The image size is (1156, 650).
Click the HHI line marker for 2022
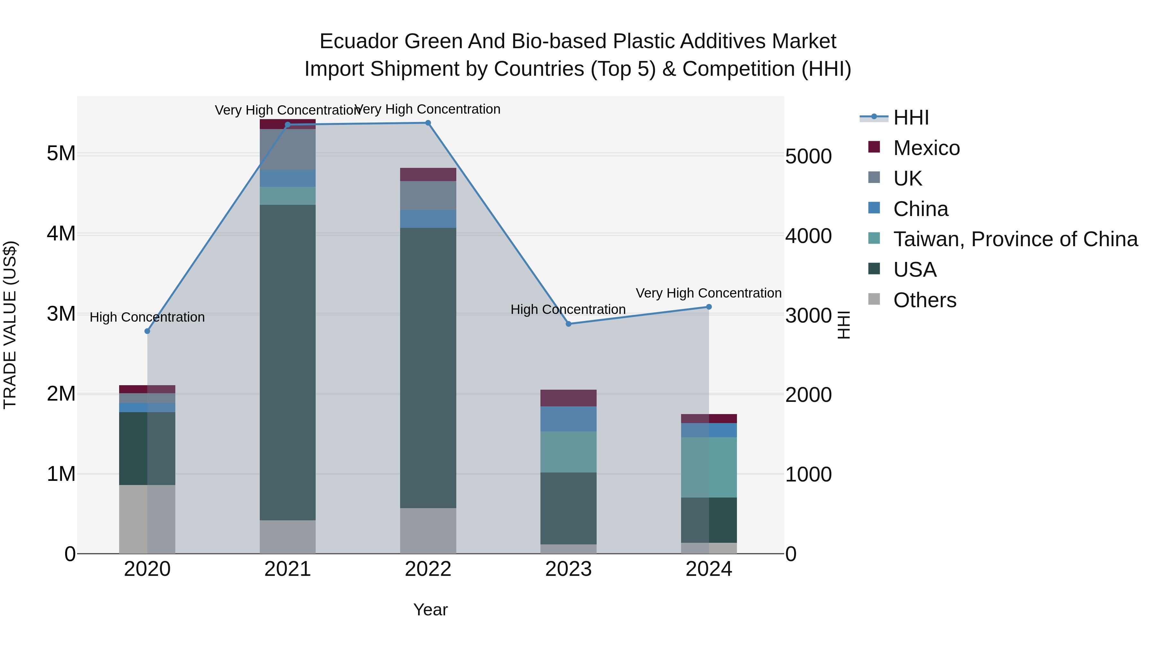[x=428, y=123]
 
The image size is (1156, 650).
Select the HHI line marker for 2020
[x=147, y=331]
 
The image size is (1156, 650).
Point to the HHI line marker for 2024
[x=709, y=307]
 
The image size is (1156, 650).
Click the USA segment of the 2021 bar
[x=288, y=362]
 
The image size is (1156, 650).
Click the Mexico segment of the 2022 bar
[x=428, y=175]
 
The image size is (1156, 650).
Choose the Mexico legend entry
[x=926, y=148]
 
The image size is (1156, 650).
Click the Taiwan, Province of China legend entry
[x=1015, y=239]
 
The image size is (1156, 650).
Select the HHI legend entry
[x=911, y=117]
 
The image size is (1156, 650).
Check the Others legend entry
[x=924, y=300]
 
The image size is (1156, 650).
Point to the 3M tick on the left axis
[x=61, y=314]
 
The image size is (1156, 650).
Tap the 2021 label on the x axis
[x=288, y=569]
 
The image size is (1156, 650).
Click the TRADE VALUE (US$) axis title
[x=10, y=325]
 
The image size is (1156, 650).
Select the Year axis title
[x=430, y=610]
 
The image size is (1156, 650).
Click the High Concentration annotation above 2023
[x=568, y=309]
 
